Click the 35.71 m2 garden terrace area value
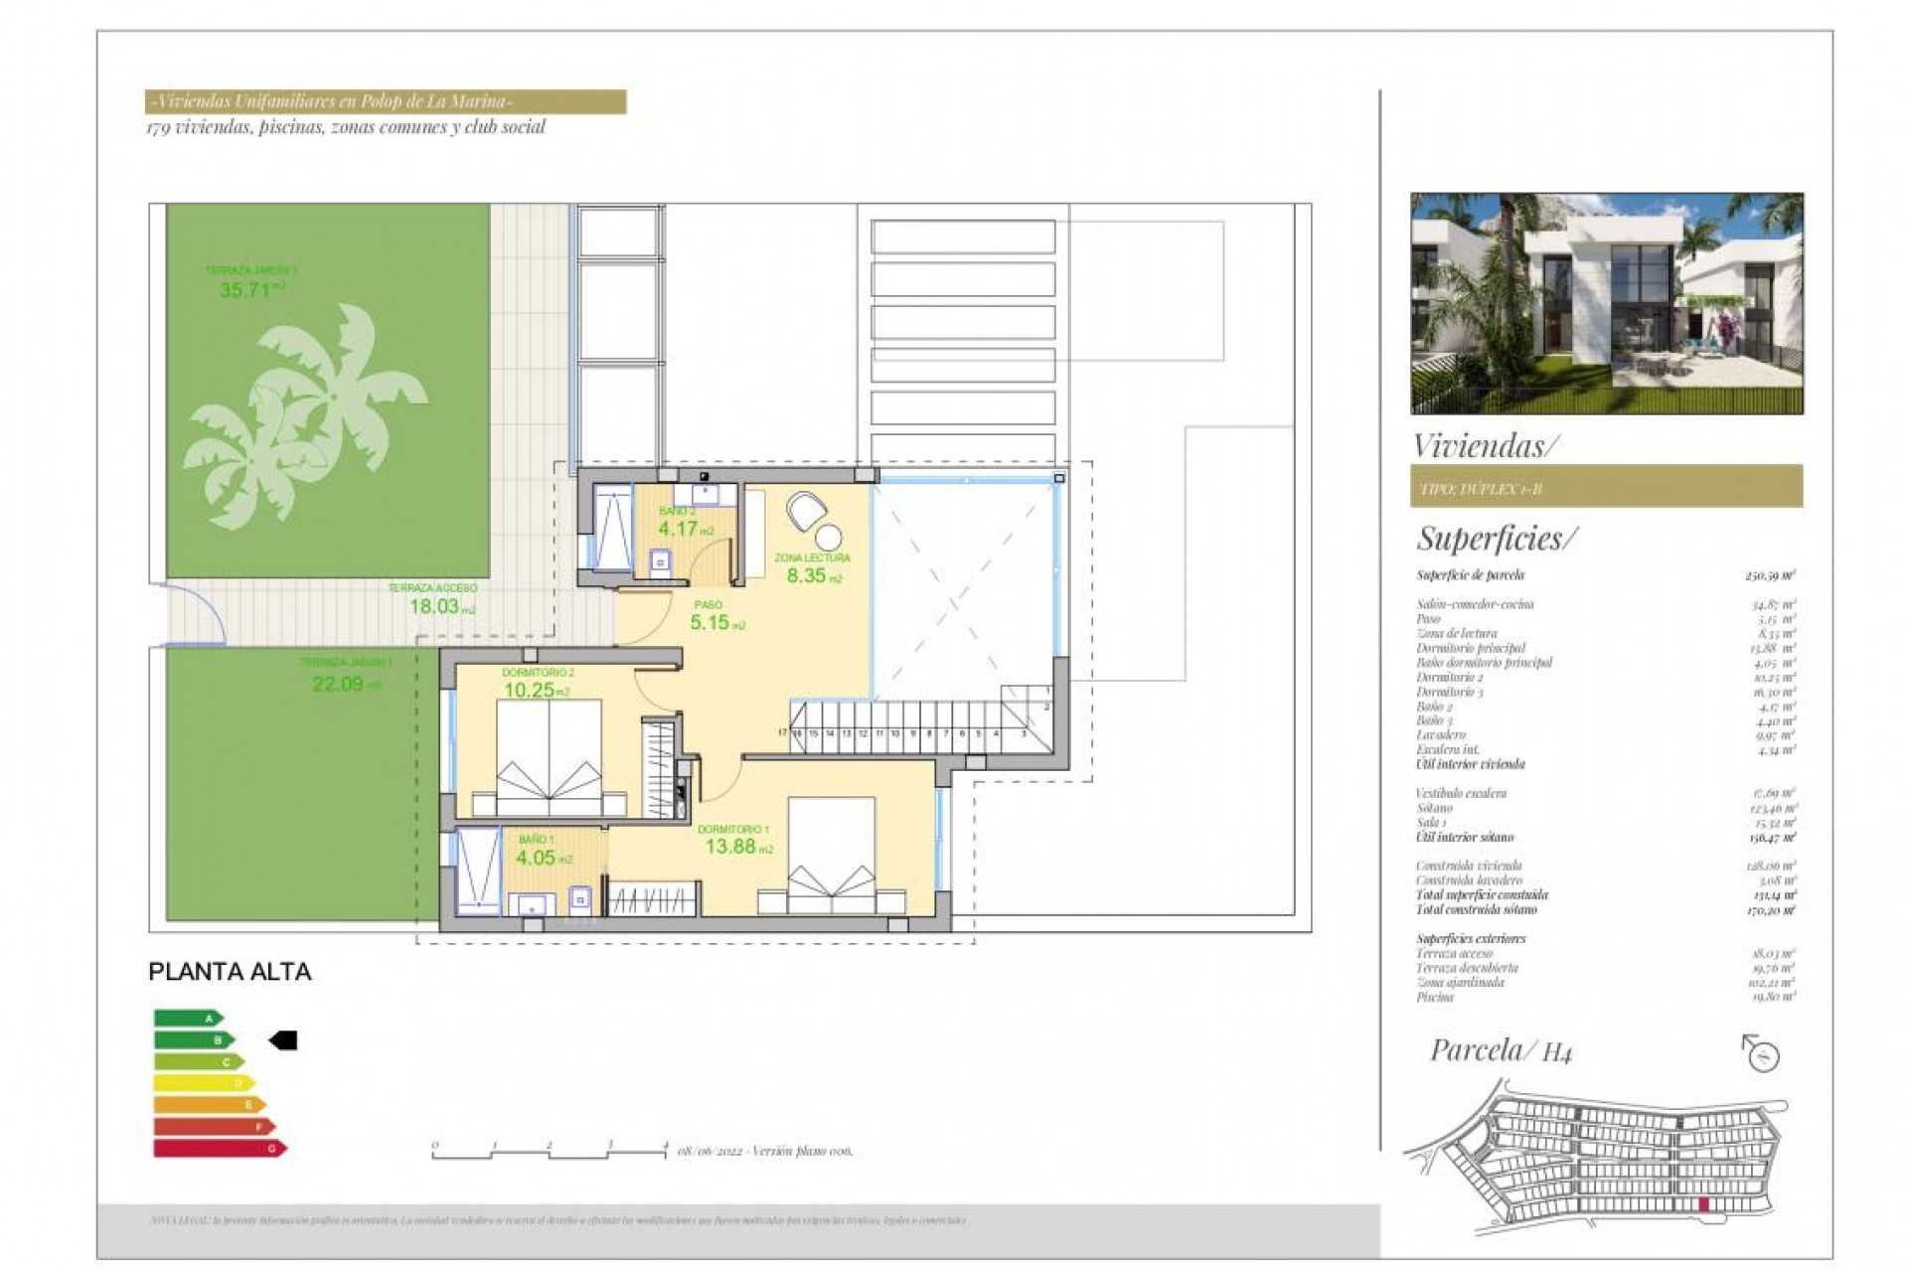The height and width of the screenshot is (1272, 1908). (246, 290)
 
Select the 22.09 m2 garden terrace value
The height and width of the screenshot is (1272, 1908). (340, 684)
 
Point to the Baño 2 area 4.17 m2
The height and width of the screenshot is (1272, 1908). (681, 529)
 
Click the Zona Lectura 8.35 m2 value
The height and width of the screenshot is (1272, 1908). (809, 575)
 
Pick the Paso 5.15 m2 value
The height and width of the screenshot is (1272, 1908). (712, 623)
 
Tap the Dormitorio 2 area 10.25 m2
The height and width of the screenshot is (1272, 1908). (530, 691)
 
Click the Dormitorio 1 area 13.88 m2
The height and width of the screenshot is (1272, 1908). (732, 847)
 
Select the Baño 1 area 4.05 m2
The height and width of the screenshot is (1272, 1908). (537, 858)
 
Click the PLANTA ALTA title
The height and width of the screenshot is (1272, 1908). (230, 972)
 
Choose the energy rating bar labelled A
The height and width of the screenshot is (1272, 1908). (189, 1018)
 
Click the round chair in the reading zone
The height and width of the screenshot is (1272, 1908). (807, 511)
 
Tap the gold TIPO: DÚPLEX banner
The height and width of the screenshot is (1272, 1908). (1606, 487)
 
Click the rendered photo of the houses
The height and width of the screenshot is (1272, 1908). (1606, 303)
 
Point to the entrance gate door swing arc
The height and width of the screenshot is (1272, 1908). (199, 612)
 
